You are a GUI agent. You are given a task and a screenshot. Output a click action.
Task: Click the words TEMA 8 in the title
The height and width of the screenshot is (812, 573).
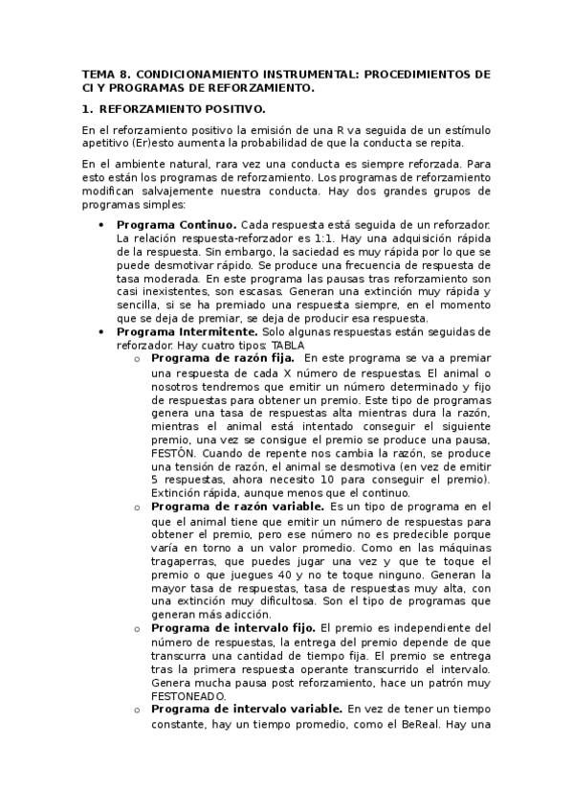click(103, 73)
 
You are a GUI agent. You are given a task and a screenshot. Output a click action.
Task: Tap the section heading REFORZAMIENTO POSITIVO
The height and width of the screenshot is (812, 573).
click(183, 109)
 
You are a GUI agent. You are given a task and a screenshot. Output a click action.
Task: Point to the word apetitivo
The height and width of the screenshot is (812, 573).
click(106, 143)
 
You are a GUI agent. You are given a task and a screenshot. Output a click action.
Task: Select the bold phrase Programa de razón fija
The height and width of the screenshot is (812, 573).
click(215, 358)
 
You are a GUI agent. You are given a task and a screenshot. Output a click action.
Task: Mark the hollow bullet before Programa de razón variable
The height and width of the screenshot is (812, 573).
click(138, 507)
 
